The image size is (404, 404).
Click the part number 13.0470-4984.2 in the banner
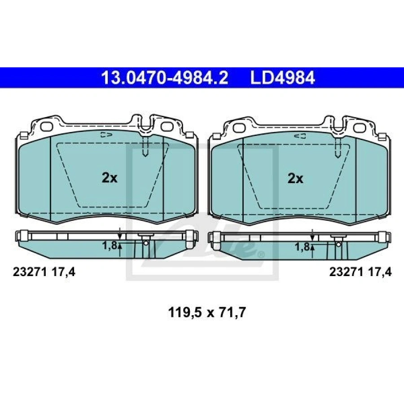[x=165, y=78]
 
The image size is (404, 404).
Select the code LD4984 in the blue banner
[x=283, y=78]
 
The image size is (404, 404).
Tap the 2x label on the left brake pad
[x=110, y=178]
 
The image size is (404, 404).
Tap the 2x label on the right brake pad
[x=295, y=178]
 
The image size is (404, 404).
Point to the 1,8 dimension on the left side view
[x=110, y=245]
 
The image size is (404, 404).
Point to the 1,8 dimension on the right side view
[x=302, y=247]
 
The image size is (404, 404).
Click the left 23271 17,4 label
[x=44, y=272]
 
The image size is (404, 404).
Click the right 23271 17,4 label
[x=360, y=272]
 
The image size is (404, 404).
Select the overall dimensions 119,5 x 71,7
[x=206, y=312]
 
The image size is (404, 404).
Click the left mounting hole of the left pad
[x=47, y=127]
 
